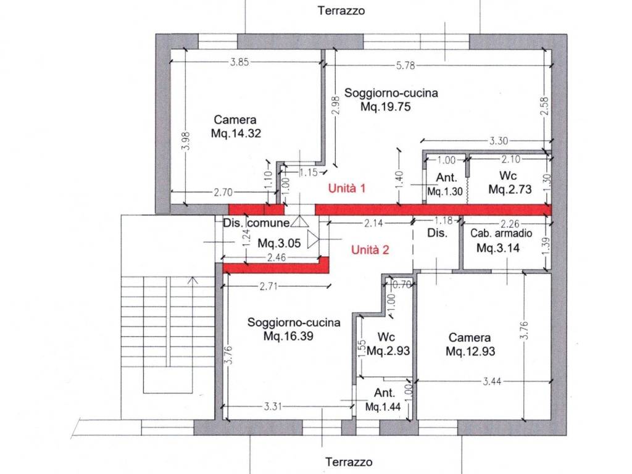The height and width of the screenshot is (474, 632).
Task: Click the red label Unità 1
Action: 347,188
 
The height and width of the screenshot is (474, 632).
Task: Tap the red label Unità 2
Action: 370,250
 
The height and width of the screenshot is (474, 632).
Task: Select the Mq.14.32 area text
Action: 236,133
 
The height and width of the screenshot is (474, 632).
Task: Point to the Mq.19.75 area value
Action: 385,107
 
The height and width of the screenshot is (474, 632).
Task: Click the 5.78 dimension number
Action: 405,65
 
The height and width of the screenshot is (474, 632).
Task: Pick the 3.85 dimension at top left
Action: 239,62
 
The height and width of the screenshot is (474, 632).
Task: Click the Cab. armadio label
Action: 501,233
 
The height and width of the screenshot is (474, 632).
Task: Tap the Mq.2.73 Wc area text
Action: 510,189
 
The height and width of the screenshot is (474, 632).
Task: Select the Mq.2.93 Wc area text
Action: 388,351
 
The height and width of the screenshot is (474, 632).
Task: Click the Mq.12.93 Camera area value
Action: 470,351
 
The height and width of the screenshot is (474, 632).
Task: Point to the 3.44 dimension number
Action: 492,381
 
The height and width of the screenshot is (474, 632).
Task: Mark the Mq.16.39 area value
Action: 288,336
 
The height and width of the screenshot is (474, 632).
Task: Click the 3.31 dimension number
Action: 273,406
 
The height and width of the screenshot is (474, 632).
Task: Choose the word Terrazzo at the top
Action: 341,10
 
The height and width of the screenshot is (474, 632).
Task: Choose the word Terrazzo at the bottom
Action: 349,462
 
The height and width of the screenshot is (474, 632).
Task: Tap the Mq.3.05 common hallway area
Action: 279,243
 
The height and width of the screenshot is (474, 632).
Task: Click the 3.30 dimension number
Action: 499,141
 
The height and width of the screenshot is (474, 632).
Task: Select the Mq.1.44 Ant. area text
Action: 383,407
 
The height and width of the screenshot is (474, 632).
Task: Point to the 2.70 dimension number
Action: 223,193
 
